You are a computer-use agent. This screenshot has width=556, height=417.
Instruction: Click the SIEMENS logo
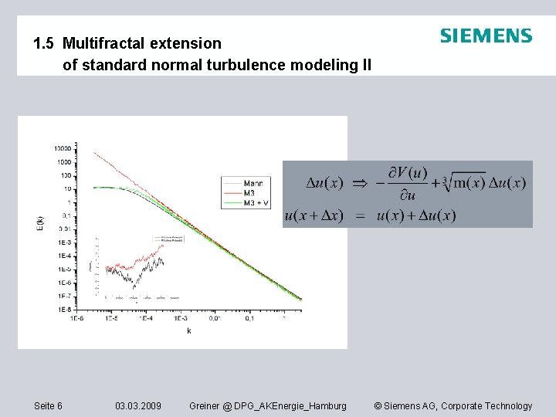click(x=486, y=36)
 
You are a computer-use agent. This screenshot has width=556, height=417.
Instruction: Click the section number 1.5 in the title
click(x=44, y=44)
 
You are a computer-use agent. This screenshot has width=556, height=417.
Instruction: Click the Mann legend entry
click(x=253, y=183)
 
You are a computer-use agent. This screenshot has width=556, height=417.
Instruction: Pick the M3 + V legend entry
click(x=255, y=202)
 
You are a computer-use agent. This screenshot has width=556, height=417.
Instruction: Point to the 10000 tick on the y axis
click(x=63, y=148)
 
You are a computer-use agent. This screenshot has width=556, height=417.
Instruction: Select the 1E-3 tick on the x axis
click(x=179, y=317)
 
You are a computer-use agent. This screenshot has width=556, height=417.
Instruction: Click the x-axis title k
click(x=188, y=331)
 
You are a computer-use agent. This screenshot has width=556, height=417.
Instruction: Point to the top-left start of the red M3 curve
click(x=95, y=153)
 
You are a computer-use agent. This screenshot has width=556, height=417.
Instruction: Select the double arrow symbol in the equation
click(x=360, y=184)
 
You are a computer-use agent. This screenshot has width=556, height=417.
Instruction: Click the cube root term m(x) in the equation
click(x=468, y=182)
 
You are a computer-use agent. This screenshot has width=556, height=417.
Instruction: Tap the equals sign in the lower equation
click(x=359, y=216)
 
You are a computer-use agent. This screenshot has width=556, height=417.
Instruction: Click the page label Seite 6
click(x=49, y=406)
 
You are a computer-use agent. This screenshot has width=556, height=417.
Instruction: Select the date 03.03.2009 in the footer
click(x=138, y=406)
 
